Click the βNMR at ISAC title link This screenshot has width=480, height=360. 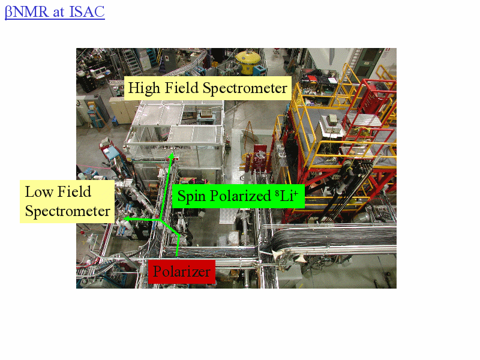55,12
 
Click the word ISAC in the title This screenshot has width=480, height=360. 87,12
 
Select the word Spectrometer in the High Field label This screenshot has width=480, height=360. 245,88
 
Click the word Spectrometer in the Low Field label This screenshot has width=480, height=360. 67,211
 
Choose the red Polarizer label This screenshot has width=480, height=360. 182,272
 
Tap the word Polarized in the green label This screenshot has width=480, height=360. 241,196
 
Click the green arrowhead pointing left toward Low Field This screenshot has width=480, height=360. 126,218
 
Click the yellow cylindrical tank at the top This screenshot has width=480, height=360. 248,62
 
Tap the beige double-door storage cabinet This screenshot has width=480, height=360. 122,110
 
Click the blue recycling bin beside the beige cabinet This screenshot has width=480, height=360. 115,121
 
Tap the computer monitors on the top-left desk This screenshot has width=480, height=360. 97,72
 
